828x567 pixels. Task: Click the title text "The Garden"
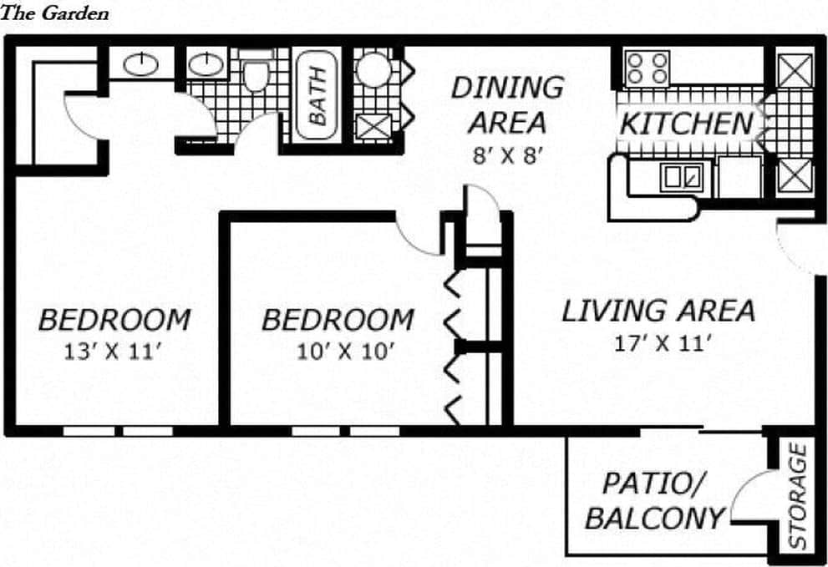[54, 13]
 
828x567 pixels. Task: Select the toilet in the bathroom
[255, 70]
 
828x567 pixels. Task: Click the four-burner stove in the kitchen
[648, 68]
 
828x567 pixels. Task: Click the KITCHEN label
[686, 124]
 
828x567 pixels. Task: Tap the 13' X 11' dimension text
[112, 352]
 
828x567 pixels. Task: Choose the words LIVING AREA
[658, 311]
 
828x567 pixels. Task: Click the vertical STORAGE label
[798, 495]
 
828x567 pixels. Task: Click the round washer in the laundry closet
[374, 68]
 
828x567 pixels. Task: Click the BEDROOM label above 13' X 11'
[114, 320]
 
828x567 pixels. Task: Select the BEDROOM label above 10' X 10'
[338, 320]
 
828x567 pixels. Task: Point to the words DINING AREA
[507, 104]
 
